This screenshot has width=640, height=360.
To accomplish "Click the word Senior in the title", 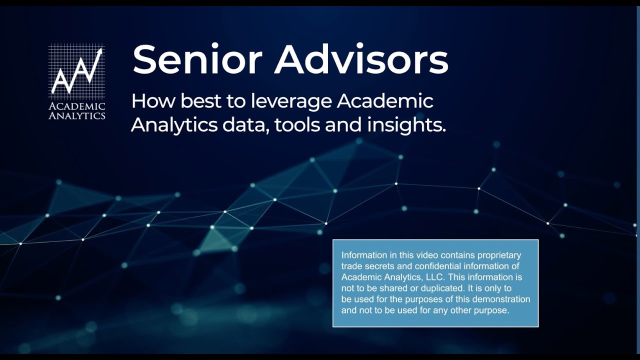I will coord(197,59).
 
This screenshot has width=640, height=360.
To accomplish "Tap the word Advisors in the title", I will coord(361,59).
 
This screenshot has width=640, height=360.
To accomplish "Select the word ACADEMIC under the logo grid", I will coord(77,106).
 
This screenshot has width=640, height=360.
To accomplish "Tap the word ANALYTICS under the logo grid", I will coord(77,116).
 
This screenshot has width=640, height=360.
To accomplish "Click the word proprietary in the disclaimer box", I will coord(496,255).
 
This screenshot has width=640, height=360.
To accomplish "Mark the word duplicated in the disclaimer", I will coord(437,288).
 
